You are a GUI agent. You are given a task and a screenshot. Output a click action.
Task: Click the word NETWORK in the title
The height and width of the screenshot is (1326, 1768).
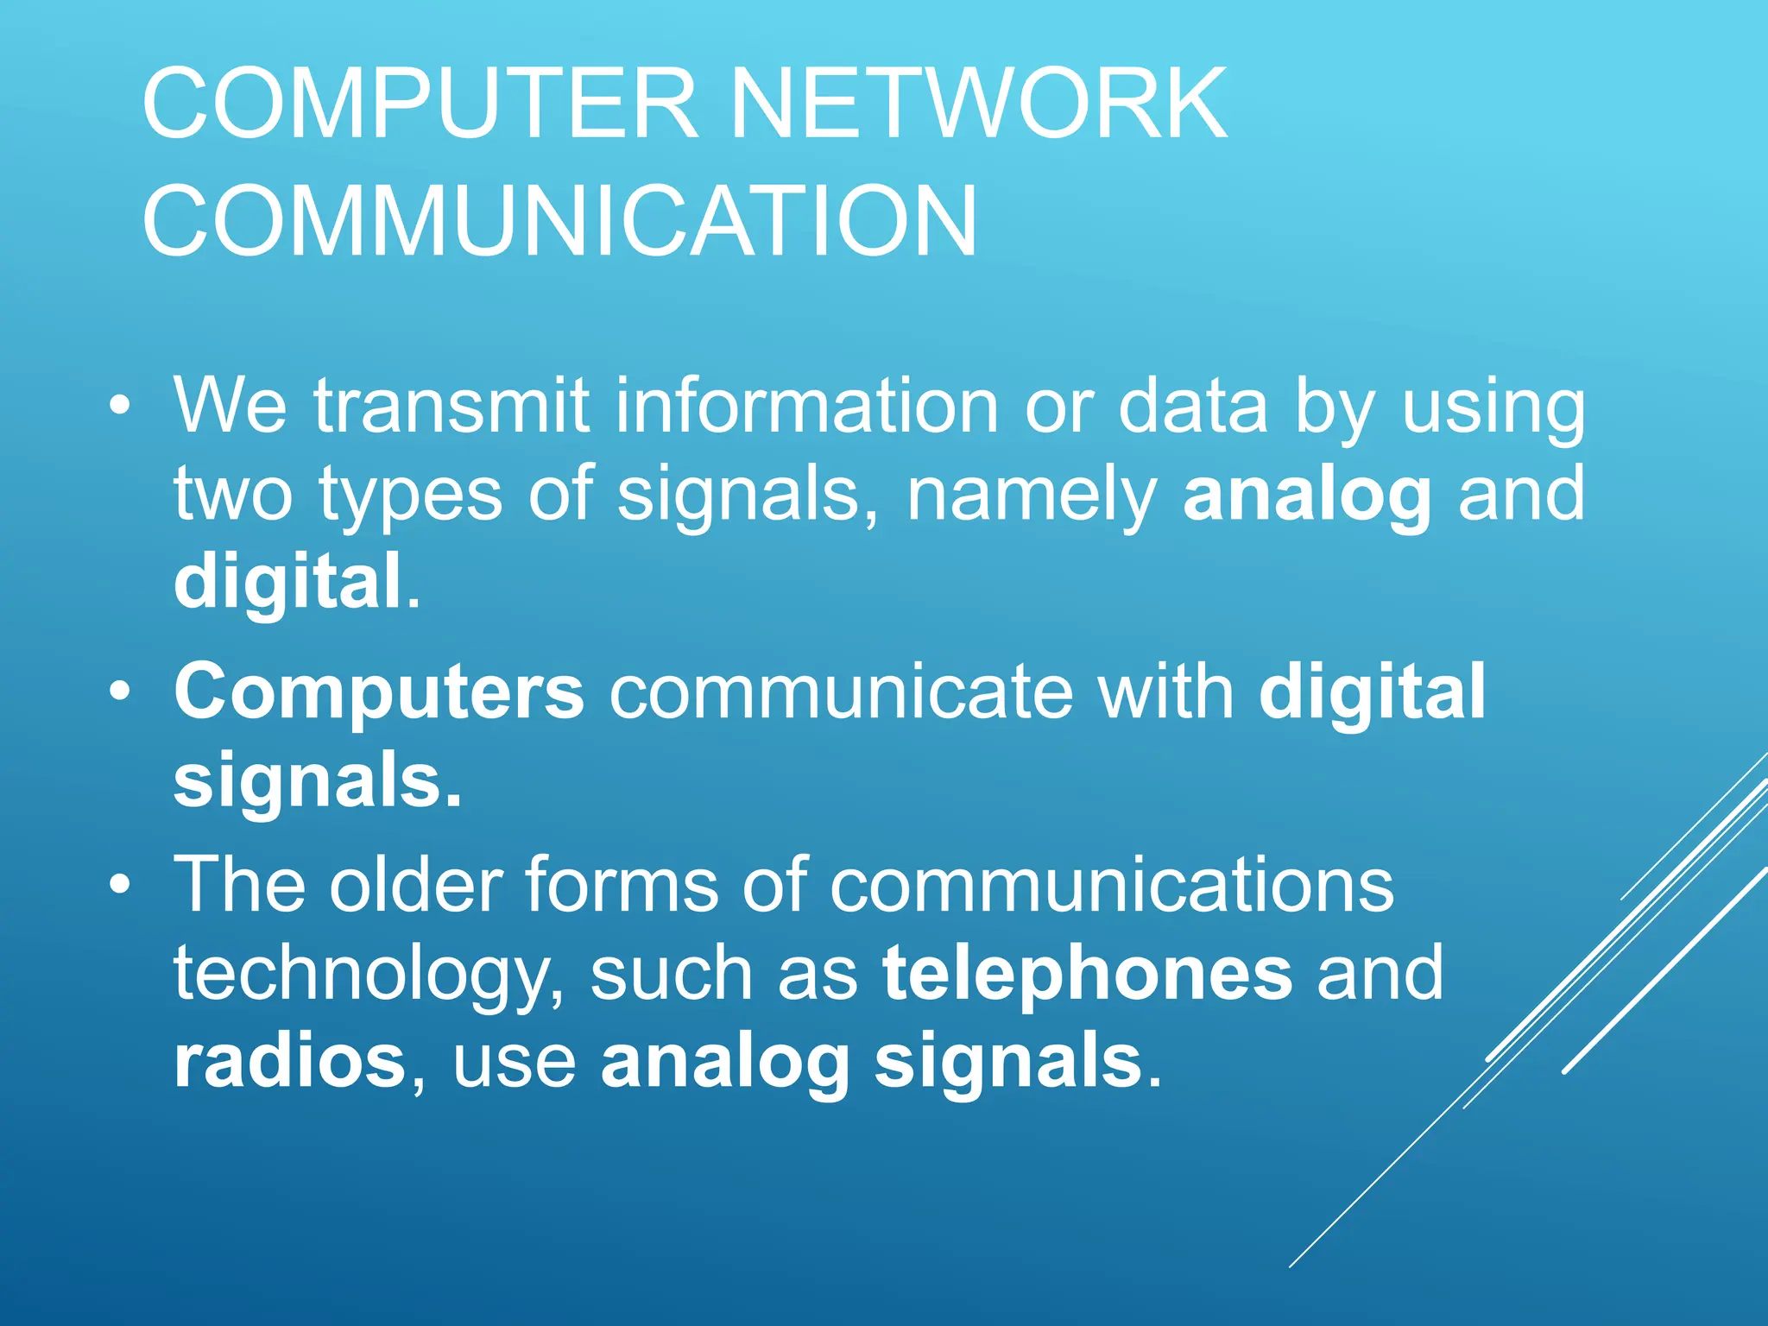[x=978, y=104]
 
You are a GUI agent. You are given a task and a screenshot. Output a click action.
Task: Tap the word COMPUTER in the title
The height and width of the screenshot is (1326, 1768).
[x=420, y=104]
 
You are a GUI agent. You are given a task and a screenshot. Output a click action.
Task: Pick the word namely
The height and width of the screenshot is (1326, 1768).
[x=1032, y=495]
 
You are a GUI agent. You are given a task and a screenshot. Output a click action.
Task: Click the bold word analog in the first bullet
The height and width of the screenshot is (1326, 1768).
[x=1307, y=495]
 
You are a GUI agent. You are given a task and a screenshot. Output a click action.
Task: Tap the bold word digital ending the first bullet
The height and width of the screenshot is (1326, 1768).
[x=287, y=581]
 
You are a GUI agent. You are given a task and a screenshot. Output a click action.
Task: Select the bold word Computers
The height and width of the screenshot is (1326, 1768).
[x=379, y=691]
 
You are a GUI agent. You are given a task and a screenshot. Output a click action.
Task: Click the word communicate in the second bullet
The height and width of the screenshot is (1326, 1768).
[x=841, y=691]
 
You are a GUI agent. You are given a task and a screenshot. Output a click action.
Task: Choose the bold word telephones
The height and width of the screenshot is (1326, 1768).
[x=1087, y=973]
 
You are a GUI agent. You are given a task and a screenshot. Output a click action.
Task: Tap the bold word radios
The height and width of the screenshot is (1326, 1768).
[x=289, y=1061]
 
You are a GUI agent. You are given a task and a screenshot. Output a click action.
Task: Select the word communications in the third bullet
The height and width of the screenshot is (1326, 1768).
[x=1111, y=884]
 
